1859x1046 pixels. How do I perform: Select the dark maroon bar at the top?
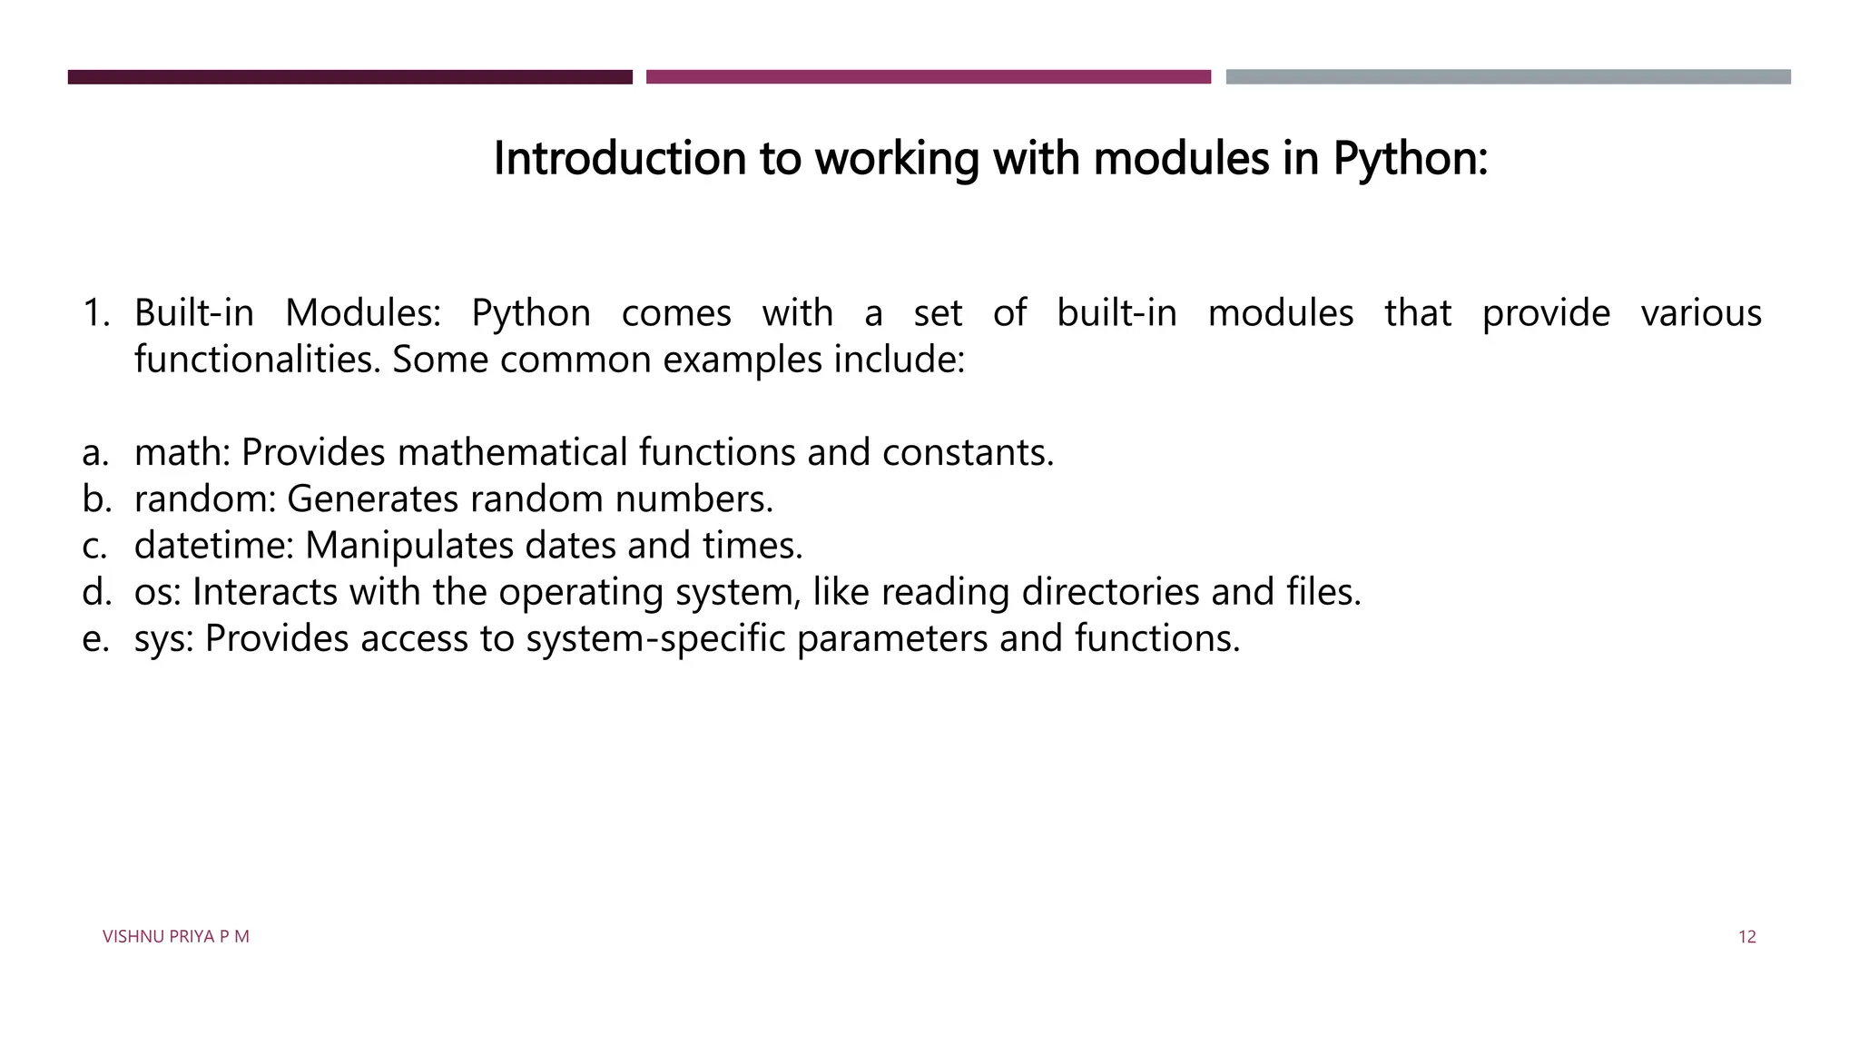349,77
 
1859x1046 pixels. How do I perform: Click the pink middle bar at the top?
928,77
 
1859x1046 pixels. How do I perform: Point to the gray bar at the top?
1508,77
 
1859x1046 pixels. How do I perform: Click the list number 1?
94,313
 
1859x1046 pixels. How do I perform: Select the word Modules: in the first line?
362,313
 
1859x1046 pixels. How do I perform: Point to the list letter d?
95,592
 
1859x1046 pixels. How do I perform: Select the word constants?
968,452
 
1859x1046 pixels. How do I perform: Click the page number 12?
1746,937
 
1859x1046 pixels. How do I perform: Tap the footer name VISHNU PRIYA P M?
175,937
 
